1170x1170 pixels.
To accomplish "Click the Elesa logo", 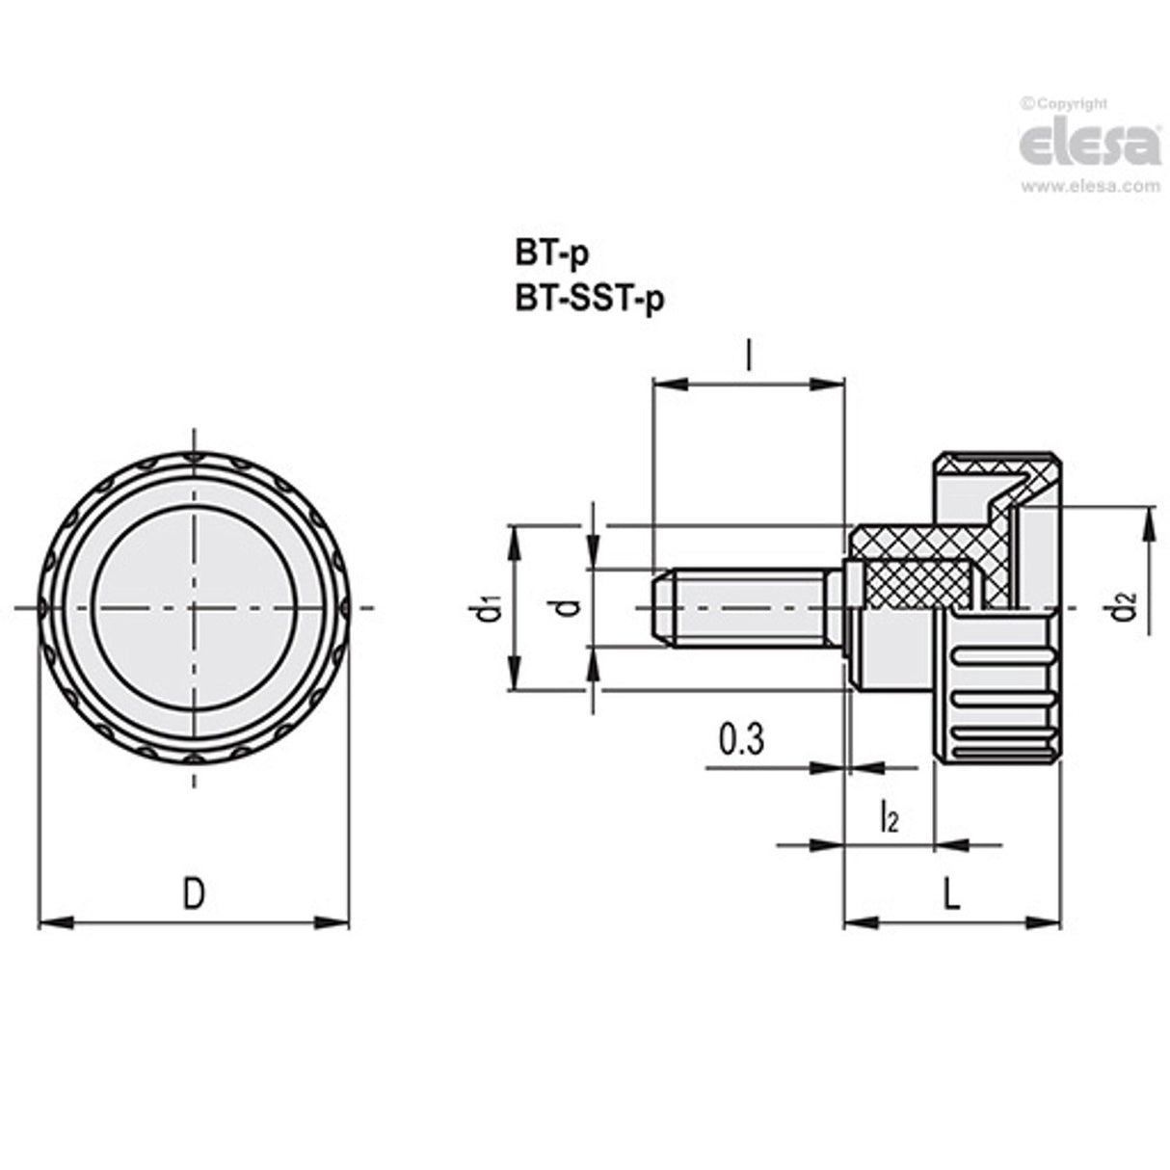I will point(1089,145).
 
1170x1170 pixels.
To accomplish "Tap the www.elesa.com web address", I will point(1090,187).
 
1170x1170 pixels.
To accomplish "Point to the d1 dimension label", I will point(492,608).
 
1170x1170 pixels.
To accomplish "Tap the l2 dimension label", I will point(889,818).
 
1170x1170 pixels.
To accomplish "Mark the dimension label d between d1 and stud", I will point(570,607).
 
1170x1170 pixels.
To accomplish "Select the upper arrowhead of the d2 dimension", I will point(1149,520).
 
